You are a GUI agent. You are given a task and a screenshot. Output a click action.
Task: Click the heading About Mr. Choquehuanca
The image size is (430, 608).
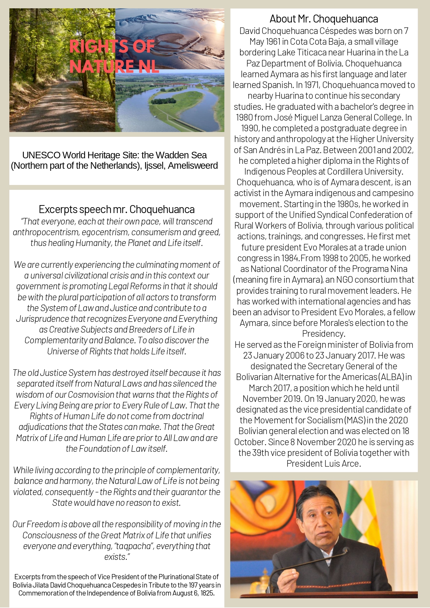[x=324, y=19]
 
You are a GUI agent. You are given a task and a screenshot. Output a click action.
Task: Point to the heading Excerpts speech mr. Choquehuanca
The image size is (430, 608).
[x=117, y=209]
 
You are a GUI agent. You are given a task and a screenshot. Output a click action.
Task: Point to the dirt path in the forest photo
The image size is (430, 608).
[x=55, y=111]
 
